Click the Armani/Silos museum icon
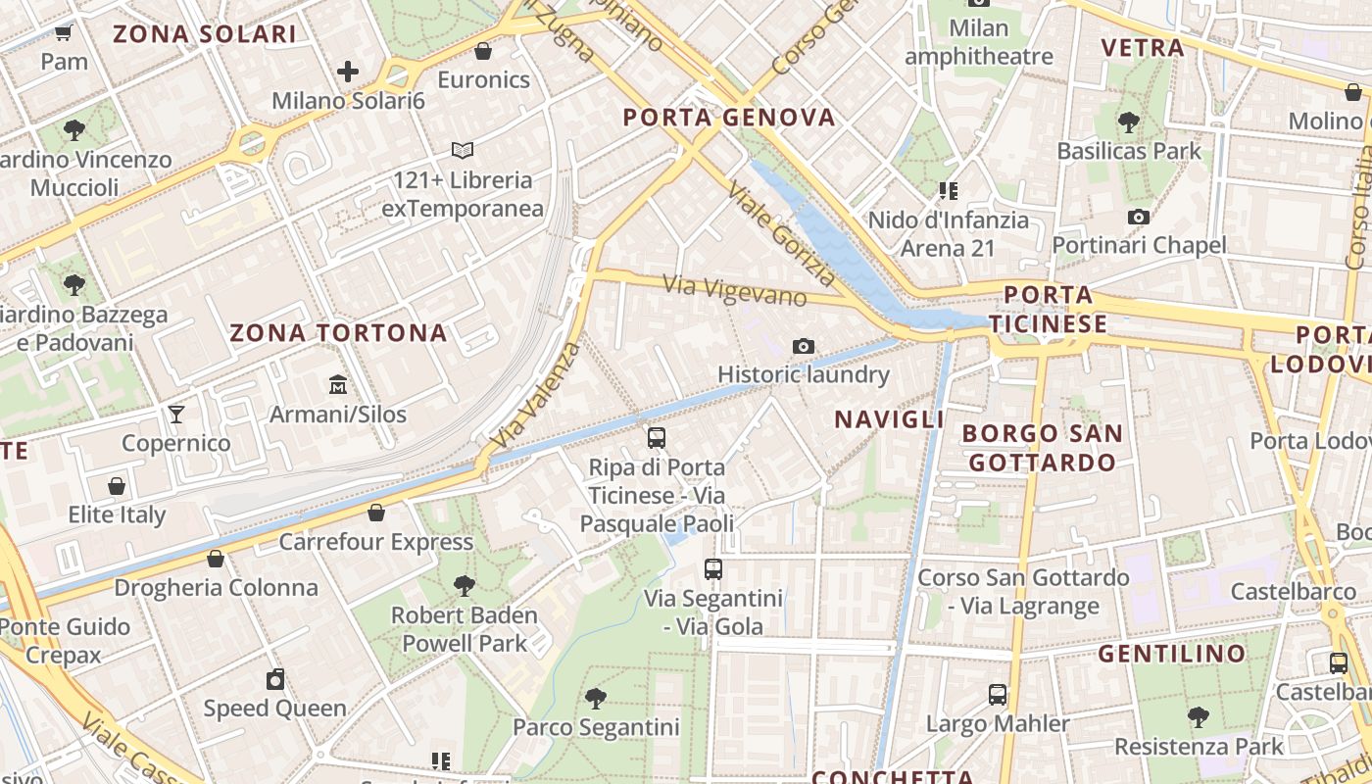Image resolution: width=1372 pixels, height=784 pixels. pos(338,383)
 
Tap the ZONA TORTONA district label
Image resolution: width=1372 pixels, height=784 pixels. pos(338,333)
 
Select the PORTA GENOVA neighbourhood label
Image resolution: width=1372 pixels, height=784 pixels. pos(729,119)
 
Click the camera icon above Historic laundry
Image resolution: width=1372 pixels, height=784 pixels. pos(804,346)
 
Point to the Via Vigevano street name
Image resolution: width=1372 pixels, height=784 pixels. pos(735,291)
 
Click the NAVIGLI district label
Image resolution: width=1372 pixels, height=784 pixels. pos(889,419)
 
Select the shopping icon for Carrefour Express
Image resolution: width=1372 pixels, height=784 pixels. pos(376,513)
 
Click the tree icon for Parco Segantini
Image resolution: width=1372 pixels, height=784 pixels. pos(595,698)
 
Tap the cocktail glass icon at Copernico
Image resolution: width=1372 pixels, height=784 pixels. pos(176,414)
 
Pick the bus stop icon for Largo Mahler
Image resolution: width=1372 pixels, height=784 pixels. pos(998,695)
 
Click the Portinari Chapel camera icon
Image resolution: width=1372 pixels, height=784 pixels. pos(1138,217)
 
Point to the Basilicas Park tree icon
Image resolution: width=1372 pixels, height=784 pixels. pos(1128,122)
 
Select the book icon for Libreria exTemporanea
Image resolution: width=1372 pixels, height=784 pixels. pos(463,151)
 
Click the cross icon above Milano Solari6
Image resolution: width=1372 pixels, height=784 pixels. pos(347,72)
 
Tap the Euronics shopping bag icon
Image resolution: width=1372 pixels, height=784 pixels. pos(483,51)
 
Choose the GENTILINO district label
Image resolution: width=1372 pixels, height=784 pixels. pos(1171,654)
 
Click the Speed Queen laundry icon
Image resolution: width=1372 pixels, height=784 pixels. pos(275,679)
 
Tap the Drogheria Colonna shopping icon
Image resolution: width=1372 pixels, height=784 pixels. pos(216,559)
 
